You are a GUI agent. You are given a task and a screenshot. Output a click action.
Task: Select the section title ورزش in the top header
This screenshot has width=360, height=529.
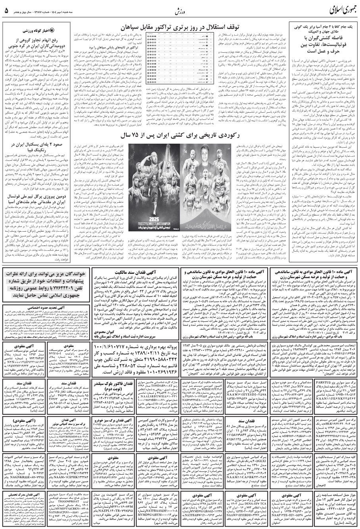[x=180, y=11]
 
